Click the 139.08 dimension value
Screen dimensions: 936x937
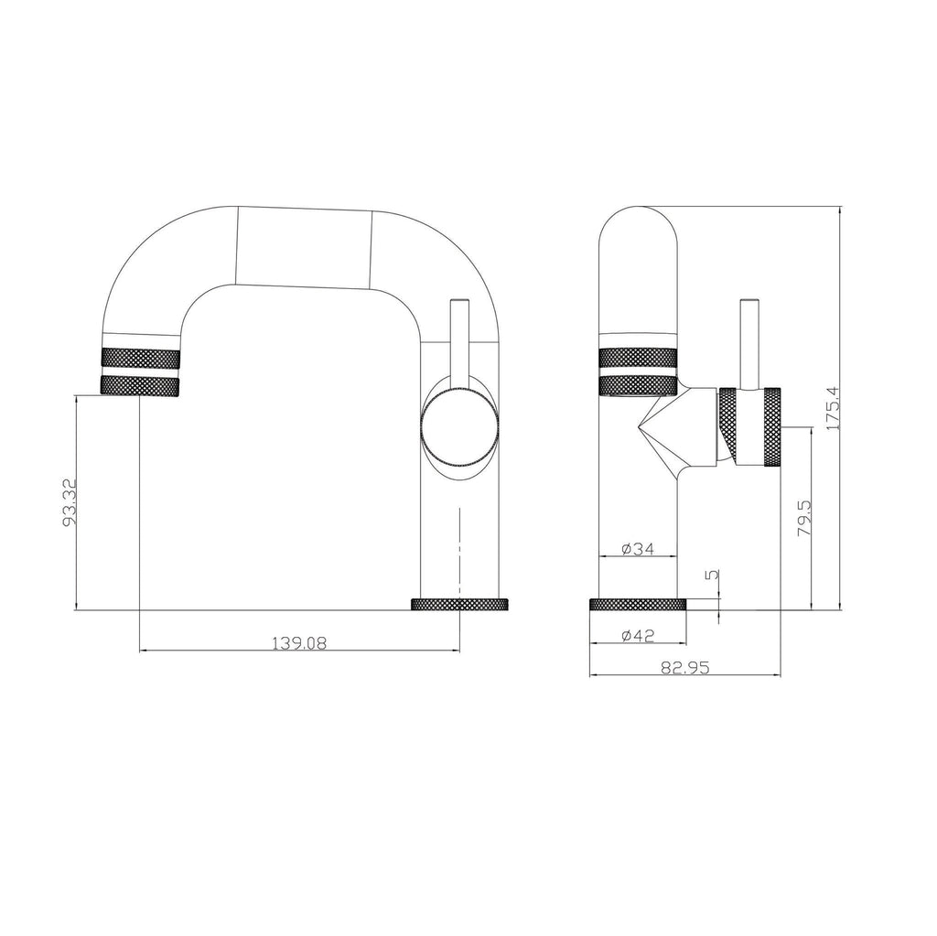[299, 642]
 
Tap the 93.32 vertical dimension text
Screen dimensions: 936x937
[68, 502]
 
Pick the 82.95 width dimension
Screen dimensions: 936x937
[685, 668]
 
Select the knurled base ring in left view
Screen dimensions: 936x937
[459, 605]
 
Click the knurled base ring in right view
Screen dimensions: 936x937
[637, 605]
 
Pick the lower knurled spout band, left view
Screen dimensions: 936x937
[141, 386]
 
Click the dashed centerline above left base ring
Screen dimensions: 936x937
[458, 544]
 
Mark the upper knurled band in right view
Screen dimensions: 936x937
[638, 357]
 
